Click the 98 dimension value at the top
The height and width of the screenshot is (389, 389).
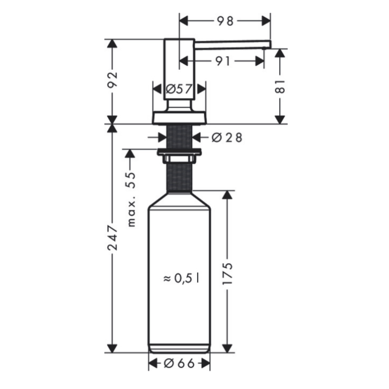coord(225,21)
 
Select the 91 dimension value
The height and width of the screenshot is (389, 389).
coord(223,61)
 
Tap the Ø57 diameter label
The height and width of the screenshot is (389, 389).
coord(179,89)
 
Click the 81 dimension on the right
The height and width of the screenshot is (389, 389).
coord(280,86)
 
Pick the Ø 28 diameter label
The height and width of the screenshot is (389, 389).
coord(227,138)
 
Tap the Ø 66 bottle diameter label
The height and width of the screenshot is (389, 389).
coord(179,364)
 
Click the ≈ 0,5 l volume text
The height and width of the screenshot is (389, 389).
coord(181,278)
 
